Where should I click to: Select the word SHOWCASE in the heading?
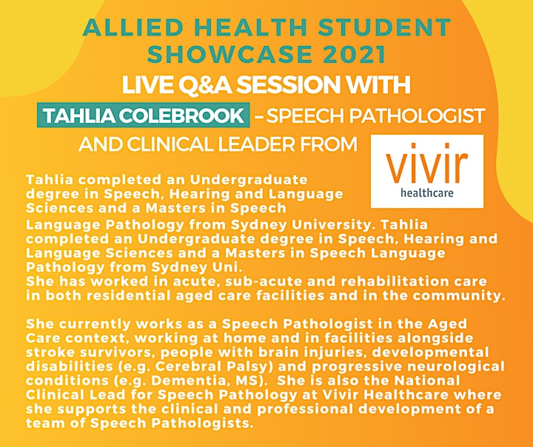(229, 54)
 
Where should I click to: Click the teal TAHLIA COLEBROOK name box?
(143, 115)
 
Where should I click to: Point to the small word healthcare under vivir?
(427, 193)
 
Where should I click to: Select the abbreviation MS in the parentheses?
(247, 380)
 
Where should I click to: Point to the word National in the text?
(427, 380)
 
